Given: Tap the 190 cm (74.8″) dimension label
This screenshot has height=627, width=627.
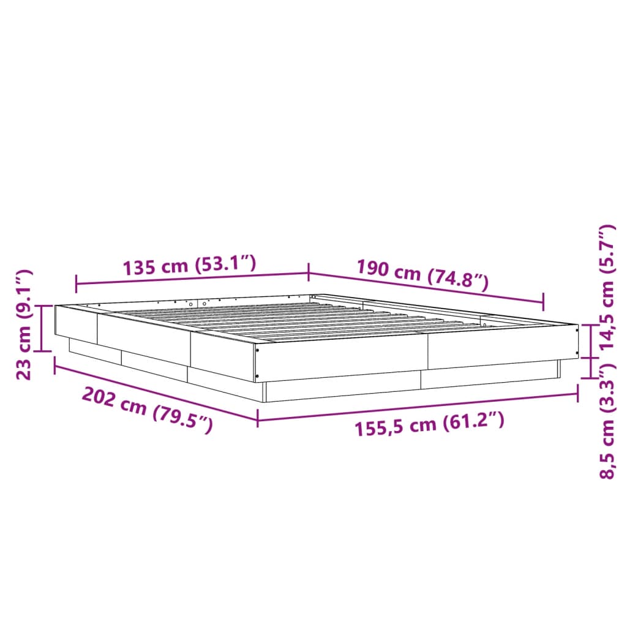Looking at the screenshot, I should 422,274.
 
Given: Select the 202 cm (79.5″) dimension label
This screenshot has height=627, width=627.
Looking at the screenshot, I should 148,410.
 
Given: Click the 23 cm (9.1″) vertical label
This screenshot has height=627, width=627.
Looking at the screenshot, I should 24,324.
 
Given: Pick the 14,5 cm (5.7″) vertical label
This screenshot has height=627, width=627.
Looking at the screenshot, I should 606,287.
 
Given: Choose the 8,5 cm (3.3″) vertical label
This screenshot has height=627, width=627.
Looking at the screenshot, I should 606,422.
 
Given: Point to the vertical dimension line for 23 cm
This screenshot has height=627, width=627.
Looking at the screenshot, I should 42,328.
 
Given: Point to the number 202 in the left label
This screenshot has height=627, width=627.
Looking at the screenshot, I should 99,397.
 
